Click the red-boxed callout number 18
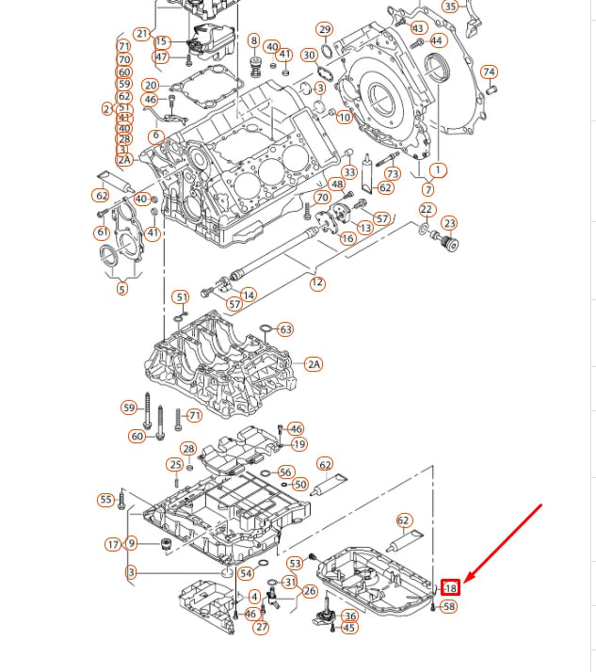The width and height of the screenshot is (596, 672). point(451,588)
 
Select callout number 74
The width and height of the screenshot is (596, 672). point(489,72)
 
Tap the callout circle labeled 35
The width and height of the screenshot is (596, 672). point(450,7)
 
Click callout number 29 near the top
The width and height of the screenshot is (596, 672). point(324,29)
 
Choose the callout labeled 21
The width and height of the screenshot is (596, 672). point(142,34)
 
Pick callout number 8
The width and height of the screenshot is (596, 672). point(253,40)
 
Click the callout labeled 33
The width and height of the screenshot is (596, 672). point(349,172)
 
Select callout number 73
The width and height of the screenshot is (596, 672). point(393,173)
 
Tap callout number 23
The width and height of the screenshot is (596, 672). point(450,223)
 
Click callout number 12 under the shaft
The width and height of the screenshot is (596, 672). point(317,282)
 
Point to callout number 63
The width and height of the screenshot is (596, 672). point(285,329)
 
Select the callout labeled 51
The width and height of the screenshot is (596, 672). point(181,297)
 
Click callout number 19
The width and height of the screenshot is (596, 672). point(299,444)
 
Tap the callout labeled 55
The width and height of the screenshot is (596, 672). point(105,500)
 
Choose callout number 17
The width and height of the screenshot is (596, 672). point(113,544)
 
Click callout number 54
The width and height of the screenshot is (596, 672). point(246,573)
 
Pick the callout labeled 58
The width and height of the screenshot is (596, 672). point(449,607)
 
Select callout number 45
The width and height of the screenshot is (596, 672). point(349,628)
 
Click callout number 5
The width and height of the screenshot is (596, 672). point(121,289)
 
